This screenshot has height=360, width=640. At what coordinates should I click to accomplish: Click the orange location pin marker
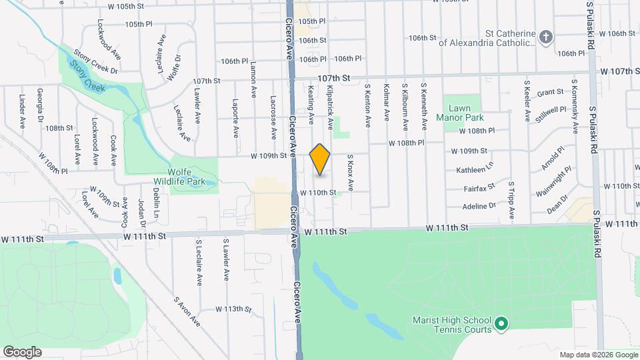320,159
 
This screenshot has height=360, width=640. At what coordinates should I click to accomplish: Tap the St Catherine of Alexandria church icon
547,37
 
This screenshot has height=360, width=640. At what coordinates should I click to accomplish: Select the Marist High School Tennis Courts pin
502,325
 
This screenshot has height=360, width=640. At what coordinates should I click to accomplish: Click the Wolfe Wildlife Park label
194,175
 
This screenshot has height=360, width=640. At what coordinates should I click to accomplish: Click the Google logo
22,352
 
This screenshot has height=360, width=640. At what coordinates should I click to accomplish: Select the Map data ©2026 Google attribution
598,355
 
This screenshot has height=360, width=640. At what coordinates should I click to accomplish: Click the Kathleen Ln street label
475,171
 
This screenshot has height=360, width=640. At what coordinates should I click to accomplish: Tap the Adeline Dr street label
479,206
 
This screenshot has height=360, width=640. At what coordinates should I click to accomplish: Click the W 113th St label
233,309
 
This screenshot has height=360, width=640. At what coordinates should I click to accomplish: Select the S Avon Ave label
187,311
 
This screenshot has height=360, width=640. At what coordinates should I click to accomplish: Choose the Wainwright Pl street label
553,182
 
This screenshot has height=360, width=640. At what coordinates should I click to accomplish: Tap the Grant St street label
551,93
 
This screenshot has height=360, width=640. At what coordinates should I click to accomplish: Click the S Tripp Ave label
512,200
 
